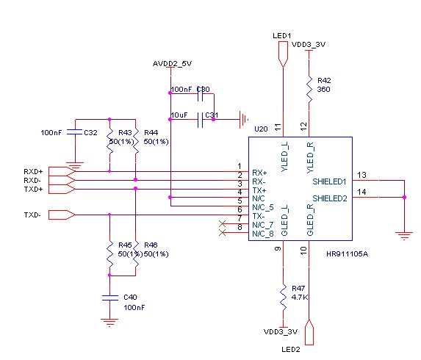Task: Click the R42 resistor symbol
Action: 309,90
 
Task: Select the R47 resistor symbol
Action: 284,298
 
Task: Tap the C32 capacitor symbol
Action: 75,132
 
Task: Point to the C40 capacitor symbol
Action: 109,298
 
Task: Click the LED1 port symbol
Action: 284,55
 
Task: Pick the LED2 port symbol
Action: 309,332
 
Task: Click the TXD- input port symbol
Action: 62,215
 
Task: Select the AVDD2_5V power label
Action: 172,64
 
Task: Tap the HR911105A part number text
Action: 347,254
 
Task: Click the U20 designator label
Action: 261,129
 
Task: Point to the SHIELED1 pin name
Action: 329,181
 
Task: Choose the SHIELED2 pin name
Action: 330,198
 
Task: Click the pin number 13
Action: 361,175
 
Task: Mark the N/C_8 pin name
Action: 263,234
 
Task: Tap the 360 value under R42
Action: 323,90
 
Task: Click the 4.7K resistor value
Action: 300,298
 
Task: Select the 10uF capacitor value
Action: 179,115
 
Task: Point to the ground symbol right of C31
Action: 243,120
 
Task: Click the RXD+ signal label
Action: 33,171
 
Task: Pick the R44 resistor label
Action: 151,133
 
